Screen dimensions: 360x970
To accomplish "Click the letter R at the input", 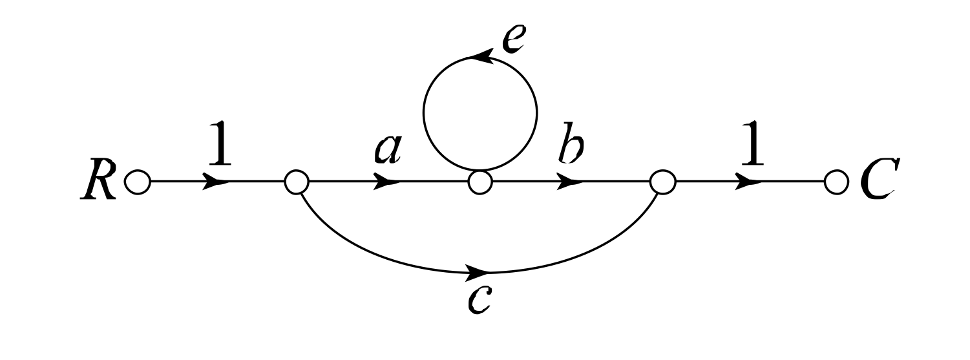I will [99, 182].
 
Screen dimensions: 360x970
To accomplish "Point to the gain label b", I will [569, 149].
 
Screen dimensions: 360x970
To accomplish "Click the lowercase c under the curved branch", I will [482, 299].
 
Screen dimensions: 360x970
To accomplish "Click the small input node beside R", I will [136, 183].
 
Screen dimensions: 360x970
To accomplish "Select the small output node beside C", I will [834, 183].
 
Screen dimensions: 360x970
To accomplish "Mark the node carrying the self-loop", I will [479, 183].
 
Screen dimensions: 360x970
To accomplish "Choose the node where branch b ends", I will [662, 183].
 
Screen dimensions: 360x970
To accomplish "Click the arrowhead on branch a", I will [388, 183].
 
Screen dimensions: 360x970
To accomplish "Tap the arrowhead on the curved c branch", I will [478, 271].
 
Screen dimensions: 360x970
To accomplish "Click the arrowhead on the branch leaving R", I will [216, 183].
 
